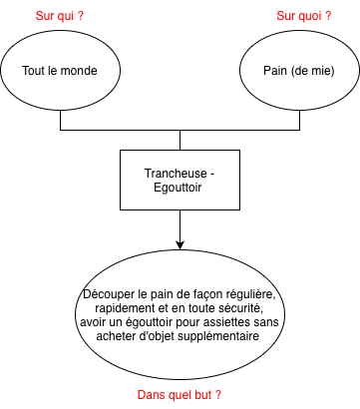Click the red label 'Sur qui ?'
click(60, 16)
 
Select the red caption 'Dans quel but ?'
click(180, 395)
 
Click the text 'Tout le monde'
click(60, 71)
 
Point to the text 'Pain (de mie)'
click(299, 71)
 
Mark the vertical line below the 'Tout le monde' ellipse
click(60, 120)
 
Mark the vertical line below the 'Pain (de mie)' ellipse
click(299, 120)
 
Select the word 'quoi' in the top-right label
click(305, 16)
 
